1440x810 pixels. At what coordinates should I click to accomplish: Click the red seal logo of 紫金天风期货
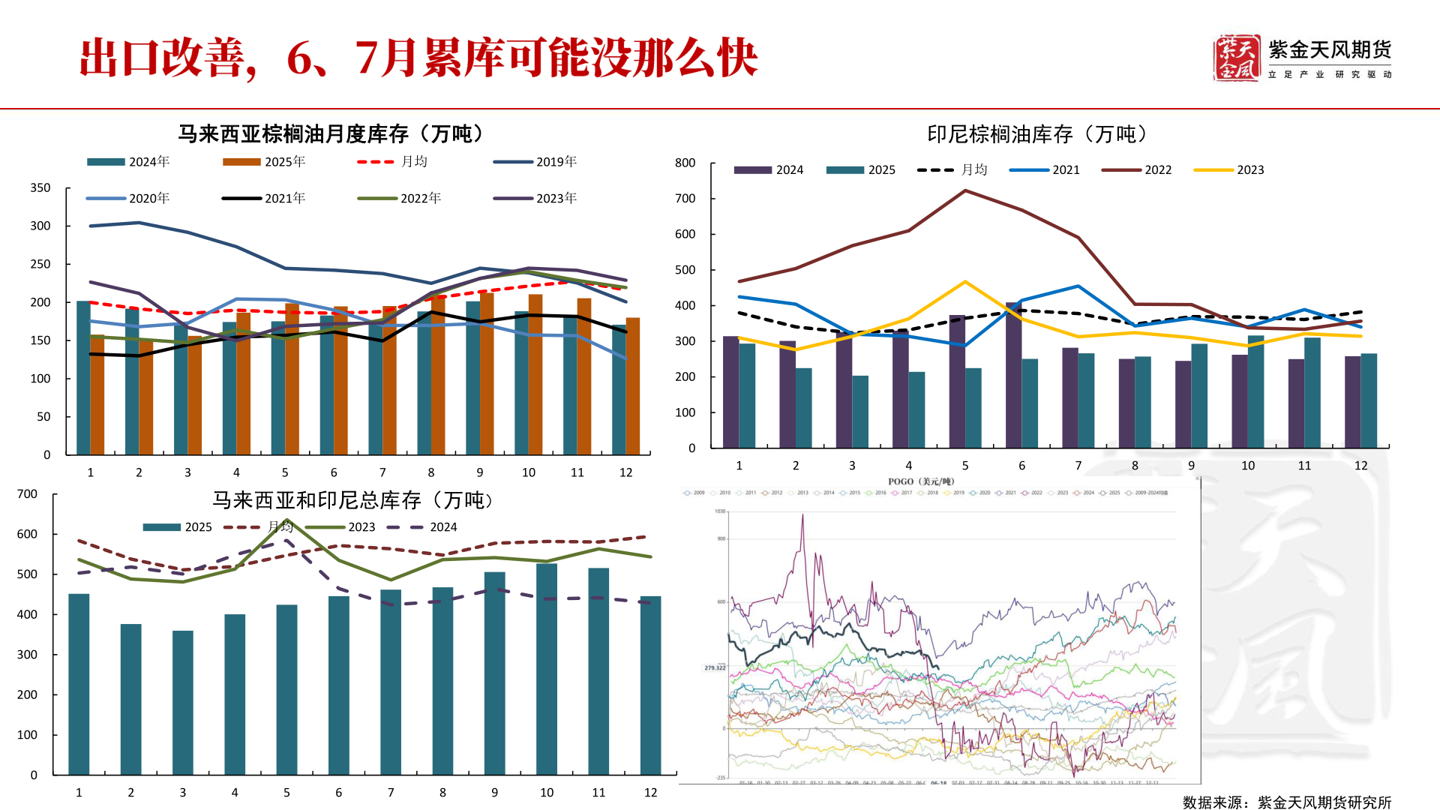pos(1236,58)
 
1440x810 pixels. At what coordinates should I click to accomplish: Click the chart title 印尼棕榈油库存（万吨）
pos(1037,134)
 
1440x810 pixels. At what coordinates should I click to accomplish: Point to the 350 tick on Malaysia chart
pos(40,188)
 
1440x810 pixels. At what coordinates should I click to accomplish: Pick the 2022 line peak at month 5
pos(965,190)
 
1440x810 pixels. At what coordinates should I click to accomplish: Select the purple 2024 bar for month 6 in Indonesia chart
pos(1013,375)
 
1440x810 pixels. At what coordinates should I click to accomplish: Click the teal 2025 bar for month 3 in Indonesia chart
pos(860,412)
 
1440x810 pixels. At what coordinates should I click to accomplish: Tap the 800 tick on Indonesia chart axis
pos(685,163)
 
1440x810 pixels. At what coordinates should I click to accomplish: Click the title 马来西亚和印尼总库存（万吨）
pos(352,500)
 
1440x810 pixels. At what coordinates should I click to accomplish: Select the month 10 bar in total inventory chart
pos(547,667)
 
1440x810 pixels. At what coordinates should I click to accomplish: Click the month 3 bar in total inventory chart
pos(183,701)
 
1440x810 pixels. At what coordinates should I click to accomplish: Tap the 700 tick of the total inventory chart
pos(27,493)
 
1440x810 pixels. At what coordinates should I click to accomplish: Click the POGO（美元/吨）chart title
pos(920,481)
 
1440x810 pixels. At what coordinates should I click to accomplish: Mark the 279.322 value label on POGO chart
pos(715,667)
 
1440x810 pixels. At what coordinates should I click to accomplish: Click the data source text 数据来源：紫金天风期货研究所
pos(1287,802)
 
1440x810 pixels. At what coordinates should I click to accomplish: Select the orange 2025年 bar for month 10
pos(535,375)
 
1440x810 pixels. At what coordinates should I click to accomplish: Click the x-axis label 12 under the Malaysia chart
pos(625,472)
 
